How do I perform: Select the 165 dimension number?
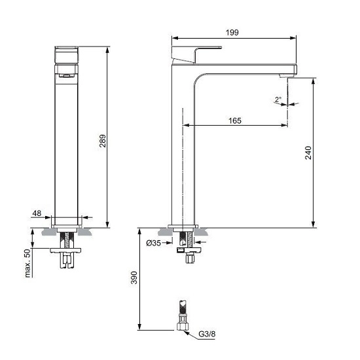pos(235,120)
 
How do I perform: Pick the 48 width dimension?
pos(37,213)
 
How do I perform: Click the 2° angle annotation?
pos(278,99)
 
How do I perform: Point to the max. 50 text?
pos(27,262)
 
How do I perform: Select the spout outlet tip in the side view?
pos(286,77)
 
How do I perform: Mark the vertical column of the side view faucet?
pos(183,151)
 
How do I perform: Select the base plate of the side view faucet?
pos(183,226)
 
